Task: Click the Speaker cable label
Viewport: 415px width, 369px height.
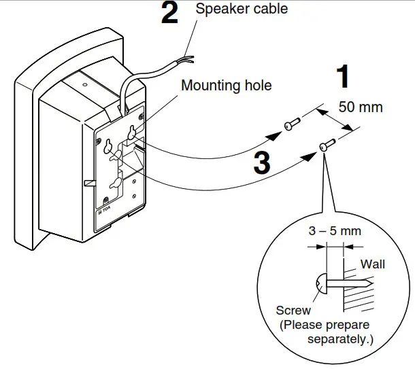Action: [242, 9]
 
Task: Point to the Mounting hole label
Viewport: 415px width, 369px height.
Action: [226, 86]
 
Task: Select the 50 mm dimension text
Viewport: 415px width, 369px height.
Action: [361, 107]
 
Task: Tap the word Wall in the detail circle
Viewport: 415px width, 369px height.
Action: [372, 264]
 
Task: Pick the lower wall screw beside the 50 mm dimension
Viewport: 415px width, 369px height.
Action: [327, 144]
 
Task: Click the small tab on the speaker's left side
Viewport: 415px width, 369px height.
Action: [89, 183]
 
